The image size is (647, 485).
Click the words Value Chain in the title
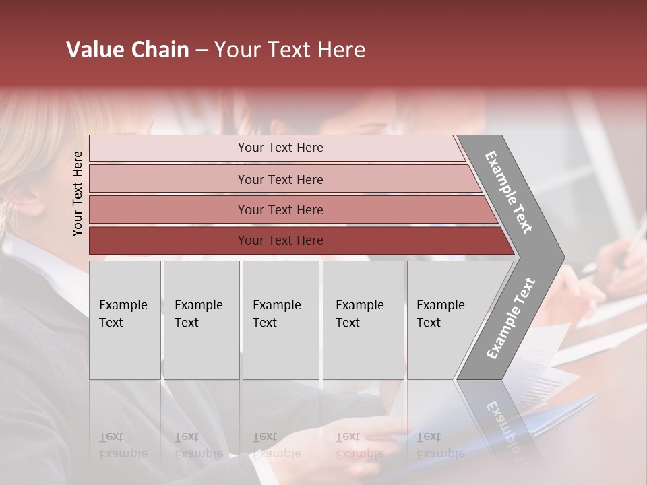click(x=127, y=50)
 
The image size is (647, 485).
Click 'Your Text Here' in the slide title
click(x=290, y=50)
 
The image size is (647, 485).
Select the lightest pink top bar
click(x=168, y=148)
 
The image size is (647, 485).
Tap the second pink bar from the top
click(x=168, y=179)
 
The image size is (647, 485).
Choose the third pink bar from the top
click(x=168, y=209)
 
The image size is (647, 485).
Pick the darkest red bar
click(x=168, y=240)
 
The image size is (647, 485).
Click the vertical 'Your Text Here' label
click(x=78, y=194)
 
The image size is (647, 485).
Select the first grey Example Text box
click(x=125, y=320)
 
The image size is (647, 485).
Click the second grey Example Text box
click(x=201, y=320)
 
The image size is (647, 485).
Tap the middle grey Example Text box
click(x=280, y=320)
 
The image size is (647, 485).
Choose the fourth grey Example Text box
click(x=363, y=320)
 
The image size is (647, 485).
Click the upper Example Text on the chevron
click(x=510, y=192)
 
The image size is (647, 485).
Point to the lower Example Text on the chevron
click(x=511, y=319)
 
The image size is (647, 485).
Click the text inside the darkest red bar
click(x=280, y=240)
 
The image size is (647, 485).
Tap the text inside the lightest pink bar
click(x=280, y=148)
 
